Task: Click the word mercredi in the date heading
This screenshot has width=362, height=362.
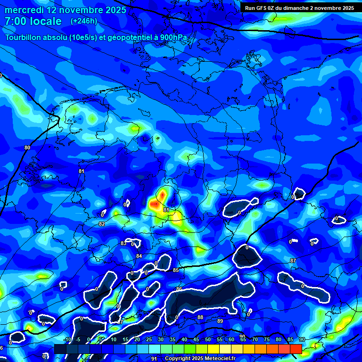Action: (x=24, y=10)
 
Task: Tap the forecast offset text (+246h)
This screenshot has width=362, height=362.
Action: (x=83, y=21)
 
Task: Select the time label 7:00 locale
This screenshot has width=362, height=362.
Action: (x=33, y=21)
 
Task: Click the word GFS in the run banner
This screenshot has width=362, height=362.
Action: (x=263, y=8)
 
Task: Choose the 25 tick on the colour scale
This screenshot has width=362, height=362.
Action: (x=149, y=340)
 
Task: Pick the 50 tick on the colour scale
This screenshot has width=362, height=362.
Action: (x=207, y=340)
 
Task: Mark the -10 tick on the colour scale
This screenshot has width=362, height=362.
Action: (x=67, y=340)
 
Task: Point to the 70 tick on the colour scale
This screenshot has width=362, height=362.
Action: (x=255, y=340)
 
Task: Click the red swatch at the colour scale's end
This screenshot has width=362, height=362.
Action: (x=296, y=349)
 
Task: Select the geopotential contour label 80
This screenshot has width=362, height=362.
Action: (x=27, y=148)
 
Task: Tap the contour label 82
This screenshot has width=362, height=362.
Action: (x=102, y=224)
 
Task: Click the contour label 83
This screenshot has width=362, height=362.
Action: (x=123, y=243)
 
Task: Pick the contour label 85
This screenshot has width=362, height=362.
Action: (x=176, y=270)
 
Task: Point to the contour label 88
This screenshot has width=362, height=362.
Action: (x=200, y=317)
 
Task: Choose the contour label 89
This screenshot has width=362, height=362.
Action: (x=220, y=321)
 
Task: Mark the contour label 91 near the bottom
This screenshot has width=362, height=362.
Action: (x=154, y=358)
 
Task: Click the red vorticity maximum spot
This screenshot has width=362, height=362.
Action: (x=162, y=194)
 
